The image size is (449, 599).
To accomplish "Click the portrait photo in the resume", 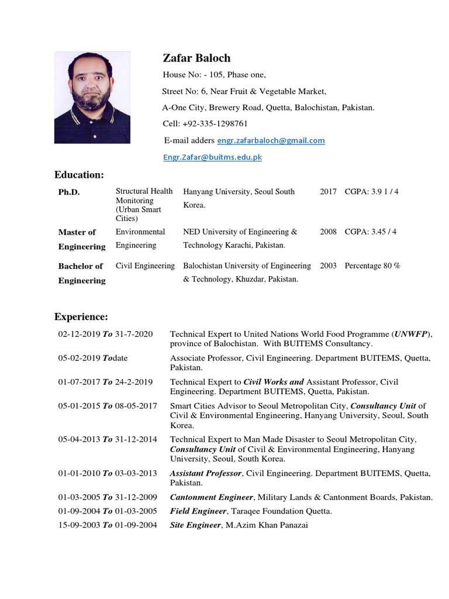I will (92, 98).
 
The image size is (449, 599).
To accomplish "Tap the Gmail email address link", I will (271, 140).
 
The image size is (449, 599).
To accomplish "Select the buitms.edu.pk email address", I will (212, 157).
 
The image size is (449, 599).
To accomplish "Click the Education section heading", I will (79, 175).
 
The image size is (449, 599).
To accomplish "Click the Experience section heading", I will (81, 316).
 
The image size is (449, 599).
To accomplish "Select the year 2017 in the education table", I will (328, 191).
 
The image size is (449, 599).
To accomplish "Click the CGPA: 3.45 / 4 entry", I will (371, 232).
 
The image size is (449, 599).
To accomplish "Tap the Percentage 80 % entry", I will (372, 266).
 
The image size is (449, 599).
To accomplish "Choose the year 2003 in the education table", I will (328, 266).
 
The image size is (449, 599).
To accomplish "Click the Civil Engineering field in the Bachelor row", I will (145, 266).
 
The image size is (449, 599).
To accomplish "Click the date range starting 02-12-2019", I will (105, 334).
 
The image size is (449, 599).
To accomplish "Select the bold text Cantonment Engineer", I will (211, 497).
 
